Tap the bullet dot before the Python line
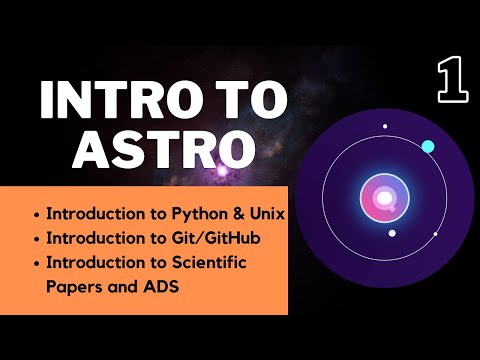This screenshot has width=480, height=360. tap(38, 214)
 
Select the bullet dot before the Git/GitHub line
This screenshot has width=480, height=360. tap(38, 237)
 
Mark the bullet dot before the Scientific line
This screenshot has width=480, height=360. tap(38, 261)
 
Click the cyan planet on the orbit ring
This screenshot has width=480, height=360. tap(428, 147)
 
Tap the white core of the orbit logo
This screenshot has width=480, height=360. tap(384, 199)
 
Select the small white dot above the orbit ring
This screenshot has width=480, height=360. tap(385, 127)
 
